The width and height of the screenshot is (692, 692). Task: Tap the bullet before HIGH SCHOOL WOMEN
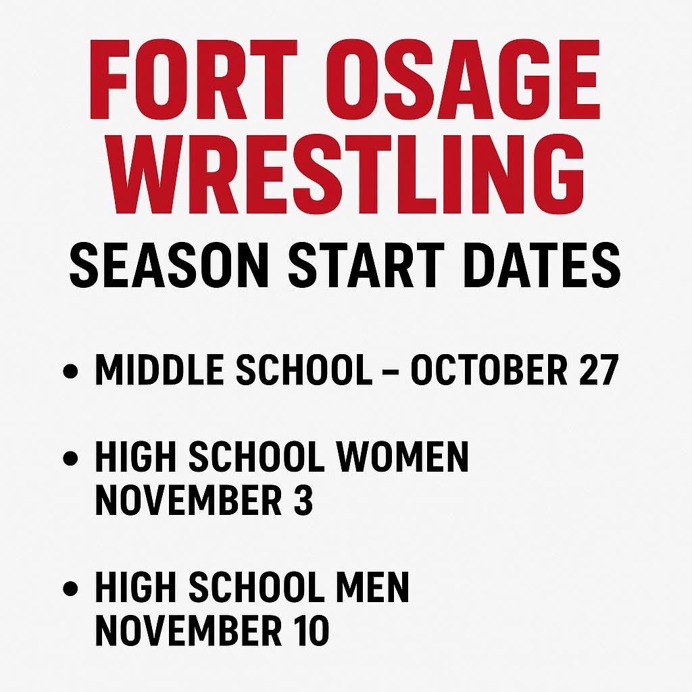click(x=70, y=459)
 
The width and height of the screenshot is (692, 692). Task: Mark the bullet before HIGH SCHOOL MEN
click(x=70, y=589)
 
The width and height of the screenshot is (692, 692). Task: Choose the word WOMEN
click(x=403, y=458)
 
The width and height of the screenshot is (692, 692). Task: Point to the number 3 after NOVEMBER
click(x=304, y=500)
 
